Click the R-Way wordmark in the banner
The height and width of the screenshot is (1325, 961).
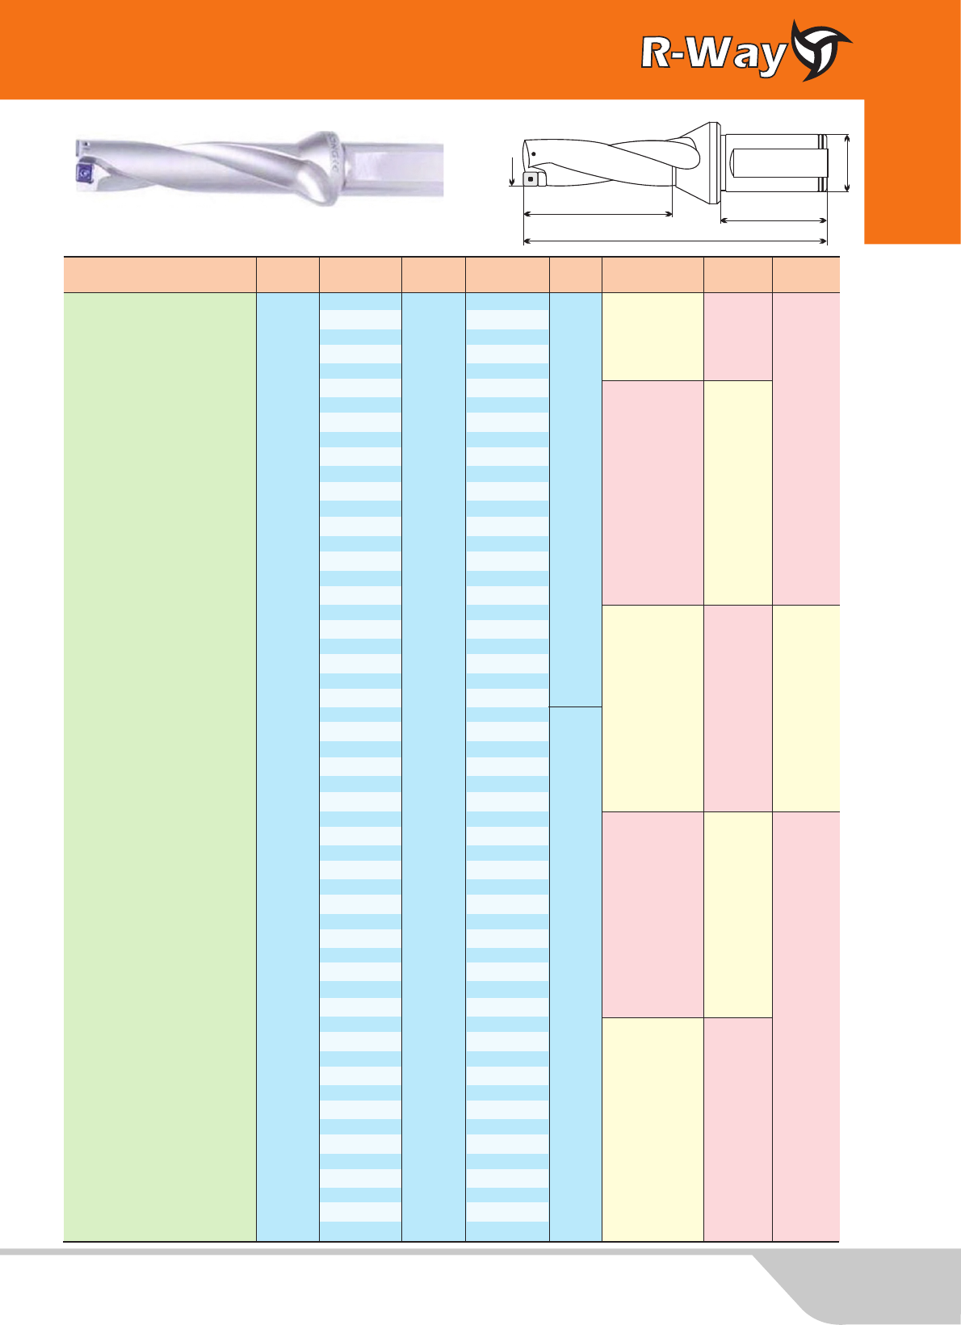click(714, 55)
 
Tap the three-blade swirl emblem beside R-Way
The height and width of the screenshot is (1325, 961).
click(820, 50)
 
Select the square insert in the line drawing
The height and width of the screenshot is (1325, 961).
click(531, 178)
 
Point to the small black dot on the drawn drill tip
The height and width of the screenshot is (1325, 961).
click(533, 154)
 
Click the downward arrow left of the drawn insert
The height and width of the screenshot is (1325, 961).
click(512, 171)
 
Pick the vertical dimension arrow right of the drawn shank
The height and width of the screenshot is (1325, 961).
click(847, 163)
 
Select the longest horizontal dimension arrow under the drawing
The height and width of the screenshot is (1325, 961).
click(675, 241)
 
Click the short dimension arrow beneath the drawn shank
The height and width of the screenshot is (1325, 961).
click(774, 220)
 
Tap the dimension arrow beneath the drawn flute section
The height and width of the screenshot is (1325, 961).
click(598, 213)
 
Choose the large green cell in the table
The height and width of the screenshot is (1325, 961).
click(160, 766)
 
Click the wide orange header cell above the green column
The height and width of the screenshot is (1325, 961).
click(160, 275)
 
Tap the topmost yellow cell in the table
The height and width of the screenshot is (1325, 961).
click(653, 337)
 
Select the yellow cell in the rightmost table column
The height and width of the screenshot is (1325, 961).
click(806, 708)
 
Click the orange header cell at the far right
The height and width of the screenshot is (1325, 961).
click(806, 275)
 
